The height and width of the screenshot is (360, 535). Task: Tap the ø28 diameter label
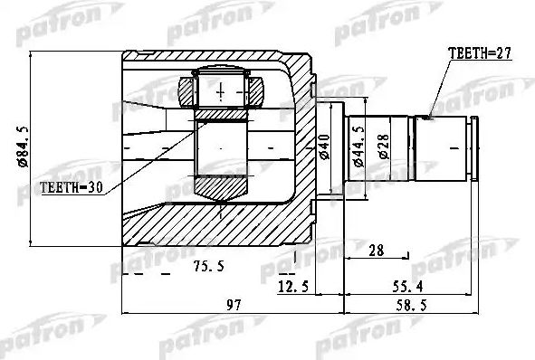(385, 145)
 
